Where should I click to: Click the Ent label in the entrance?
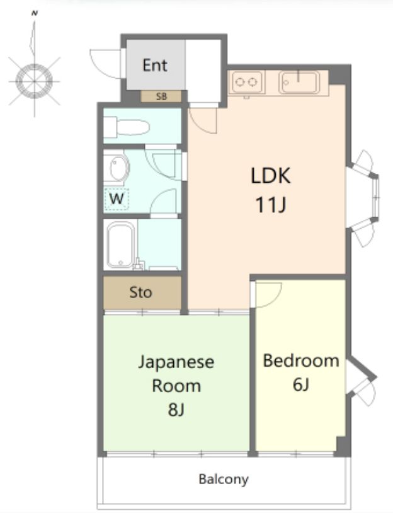(155, 65)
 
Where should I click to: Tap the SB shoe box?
(161, 96)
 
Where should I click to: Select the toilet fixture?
(127, 127)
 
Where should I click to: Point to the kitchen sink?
(299, 82)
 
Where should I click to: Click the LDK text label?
(270, 175)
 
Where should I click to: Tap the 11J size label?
(270, 205)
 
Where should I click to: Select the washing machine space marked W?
(117, 199)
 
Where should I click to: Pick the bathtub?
(121, 245)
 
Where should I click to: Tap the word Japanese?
(176, 362)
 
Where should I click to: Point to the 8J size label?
(176, 409)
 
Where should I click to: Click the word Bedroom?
(301, 360)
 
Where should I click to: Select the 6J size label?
(301, 384)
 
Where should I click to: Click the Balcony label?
(224, 480)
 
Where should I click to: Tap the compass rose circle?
(34, 81)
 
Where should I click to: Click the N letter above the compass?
(35, 13)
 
